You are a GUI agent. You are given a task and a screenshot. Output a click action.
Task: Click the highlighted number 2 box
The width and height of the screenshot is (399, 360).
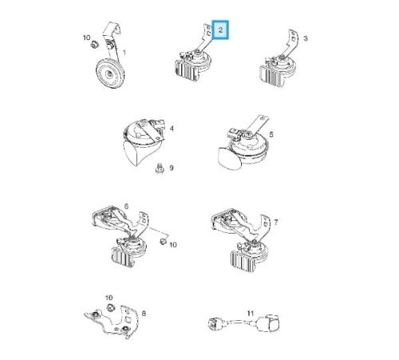[220, 30]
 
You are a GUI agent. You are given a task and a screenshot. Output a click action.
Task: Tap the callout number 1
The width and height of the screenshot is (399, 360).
[124, 53]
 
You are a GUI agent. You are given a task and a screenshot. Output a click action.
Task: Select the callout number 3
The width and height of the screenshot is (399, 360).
[306, 38]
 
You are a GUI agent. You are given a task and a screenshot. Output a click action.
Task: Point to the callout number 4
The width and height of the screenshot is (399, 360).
[172, 129]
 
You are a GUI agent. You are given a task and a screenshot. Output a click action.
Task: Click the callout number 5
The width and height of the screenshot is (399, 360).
[271, 135]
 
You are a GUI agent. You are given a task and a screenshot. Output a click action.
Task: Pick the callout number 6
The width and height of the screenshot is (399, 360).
[126, 206]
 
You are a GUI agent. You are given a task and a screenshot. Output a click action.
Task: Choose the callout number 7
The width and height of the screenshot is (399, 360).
[276, 222]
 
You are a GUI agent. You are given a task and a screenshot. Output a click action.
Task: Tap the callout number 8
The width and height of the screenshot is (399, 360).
[144, 314]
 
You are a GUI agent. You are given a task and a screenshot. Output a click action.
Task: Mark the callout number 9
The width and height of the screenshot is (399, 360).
[172, 168]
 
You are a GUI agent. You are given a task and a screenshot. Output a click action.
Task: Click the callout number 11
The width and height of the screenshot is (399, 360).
[251, 314]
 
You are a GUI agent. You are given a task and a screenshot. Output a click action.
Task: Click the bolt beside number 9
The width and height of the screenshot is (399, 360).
[159, 168]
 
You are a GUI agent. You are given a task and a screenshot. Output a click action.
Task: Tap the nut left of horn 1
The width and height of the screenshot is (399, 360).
[94, 45]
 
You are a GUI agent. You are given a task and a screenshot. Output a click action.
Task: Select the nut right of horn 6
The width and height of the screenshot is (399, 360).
[163, 242]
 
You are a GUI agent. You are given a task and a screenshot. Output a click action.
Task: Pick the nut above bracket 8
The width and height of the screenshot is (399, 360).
[109, 307]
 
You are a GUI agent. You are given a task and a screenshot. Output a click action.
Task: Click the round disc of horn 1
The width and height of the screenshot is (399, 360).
[110, 73]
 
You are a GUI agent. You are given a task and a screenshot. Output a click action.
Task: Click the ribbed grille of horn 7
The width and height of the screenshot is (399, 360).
[243, 260]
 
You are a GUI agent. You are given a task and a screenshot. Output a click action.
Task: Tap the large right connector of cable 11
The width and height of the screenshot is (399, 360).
[268, 323]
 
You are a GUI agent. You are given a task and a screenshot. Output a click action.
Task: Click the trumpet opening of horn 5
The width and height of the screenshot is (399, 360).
[229, 159]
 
